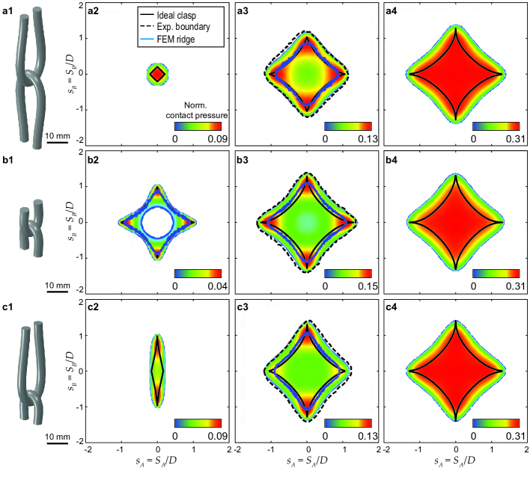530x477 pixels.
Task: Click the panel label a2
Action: [94, 10]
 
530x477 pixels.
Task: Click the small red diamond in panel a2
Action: [157, 74]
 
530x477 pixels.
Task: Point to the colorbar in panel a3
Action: [348, 126]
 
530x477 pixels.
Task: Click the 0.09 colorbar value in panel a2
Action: [217, 139]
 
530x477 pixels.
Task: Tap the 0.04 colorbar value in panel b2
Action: [217, 286]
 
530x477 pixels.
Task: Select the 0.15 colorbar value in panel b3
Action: [368, 286]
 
